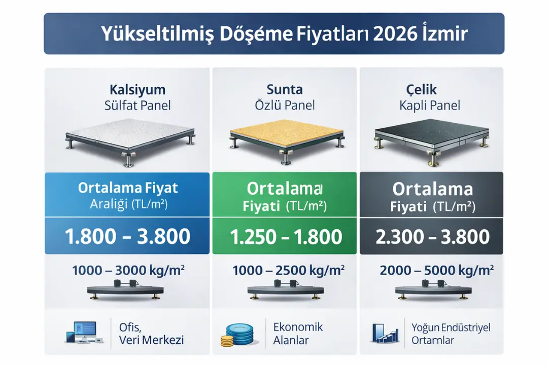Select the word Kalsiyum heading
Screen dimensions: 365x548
tap(138, 90)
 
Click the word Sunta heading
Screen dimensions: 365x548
tap(285, 90)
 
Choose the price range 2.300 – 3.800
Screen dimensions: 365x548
tap(432, 237)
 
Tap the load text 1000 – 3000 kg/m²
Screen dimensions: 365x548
tap(128, 271)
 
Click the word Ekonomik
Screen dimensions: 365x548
tap(298, 326)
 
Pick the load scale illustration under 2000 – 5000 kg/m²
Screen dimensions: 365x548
tap(431, 291)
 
